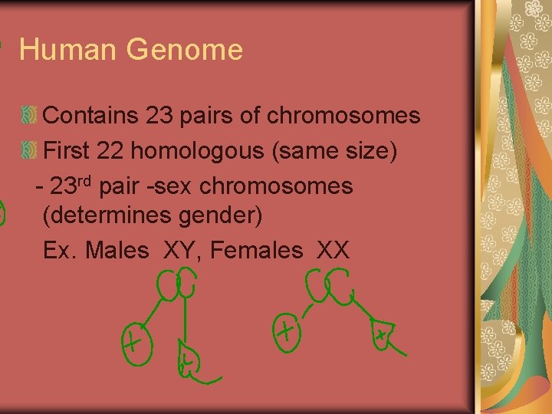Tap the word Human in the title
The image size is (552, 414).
coord(68,51)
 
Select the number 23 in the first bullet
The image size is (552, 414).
coord(159,116)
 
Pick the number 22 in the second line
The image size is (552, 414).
coord(111,151)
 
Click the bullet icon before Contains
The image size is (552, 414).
coord(29,116)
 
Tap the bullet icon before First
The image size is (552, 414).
coord(29,151)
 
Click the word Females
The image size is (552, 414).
coord(256,250)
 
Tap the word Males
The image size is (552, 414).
coord(117,250)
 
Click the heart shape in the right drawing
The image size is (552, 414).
coord(380,334)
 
